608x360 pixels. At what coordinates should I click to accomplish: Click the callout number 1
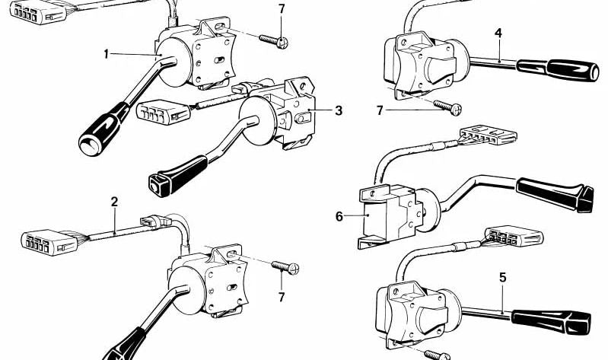[107, 53]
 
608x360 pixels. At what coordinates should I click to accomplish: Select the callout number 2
[114, 202]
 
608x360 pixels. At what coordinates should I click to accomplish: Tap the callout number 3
[339, 110]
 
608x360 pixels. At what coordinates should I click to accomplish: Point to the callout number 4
[498, 33]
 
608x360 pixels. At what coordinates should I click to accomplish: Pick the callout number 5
[502, 278]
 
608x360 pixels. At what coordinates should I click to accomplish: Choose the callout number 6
[339, 216]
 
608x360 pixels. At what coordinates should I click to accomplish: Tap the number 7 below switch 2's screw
[282, 295]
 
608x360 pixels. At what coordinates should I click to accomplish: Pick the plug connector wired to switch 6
[486, 138]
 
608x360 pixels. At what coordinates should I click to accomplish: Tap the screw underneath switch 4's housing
[442, 107]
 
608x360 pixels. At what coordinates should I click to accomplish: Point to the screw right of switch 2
[286, 266]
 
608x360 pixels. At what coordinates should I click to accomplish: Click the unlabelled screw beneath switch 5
[437, 354]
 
